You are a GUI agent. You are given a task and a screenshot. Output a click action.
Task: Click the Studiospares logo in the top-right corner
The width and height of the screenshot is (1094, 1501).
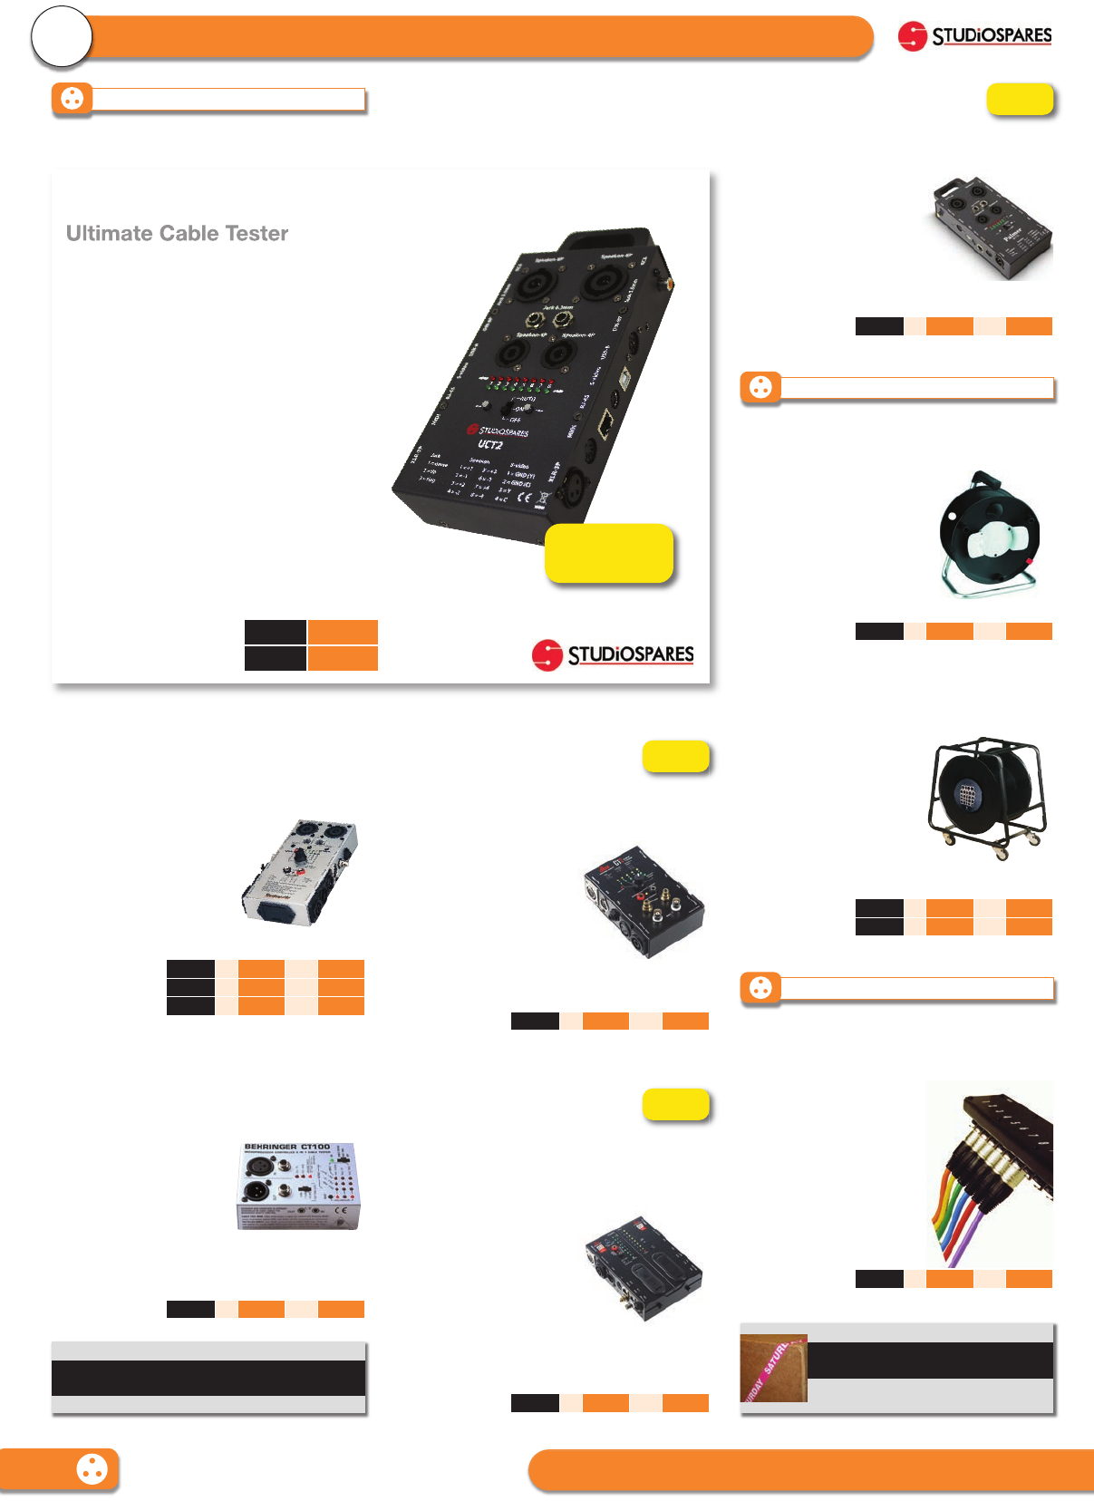click(x=975, y=36)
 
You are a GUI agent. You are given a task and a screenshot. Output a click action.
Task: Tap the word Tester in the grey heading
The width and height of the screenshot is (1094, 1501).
click(x=257, y=234)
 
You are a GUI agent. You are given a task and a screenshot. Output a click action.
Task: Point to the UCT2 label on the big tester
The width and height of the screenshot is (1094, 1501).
click(x=490, y=444)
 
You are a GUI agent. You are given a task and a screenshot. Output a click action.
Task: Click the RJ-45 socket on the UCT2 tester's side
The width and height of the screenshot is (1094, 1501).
click(x=606, y=421)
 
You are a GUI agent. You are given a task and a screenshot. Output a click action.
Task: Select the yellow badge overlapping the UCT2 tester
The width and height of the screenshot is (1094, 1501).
click(x=609, y=553)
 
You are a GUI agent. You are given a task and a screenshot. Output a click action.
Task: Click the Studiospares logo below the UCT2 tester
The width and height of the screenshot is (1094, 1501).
click(x=613, y=654)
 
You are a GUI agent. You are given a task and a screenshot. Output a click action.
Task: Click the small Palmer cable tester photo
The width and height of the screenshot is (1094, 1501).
click(x=992, y=228)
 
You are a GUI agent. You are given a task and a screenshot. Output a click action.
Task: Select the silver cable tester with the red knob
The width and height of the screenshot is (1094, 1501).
click(x=300, y=872)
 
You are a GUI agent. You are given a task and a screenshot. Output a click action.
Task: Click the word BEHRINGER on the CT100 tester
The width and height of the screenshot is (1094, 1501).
click(x=270, y=1148)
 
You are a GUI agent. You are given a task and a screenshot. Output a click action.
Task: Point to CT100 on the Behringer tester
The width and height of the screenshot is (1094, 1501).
click(x=315, y=1148)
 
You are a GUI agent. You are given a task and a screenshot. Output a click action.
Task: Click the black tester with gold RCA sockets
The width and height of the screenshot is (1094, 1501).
click(x=644, y=902)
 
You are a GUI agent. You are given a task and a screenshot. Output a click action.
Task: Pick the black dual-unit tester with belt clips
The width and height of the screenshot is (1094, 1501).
click(x=644, y=1268)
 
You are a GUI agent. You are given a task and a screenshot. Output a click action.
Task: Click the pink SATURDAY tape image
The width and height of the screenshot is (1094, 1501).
click(x=773, y=1368)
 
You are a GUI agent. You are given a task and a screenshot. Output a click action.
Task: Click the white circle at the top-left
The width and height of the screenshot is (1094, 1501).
click(x=62, y=37)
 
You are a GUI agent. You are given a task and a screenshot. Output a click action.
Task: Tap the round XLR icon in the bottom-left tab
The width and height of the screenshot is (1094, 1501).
click(x=92, y=1469)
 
